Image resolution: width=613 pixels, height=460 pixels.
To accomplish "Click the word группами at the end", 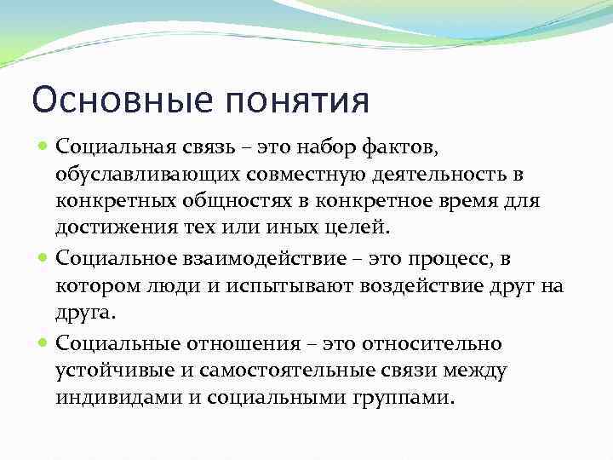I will pyautogui.click(x=404, y=398).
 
